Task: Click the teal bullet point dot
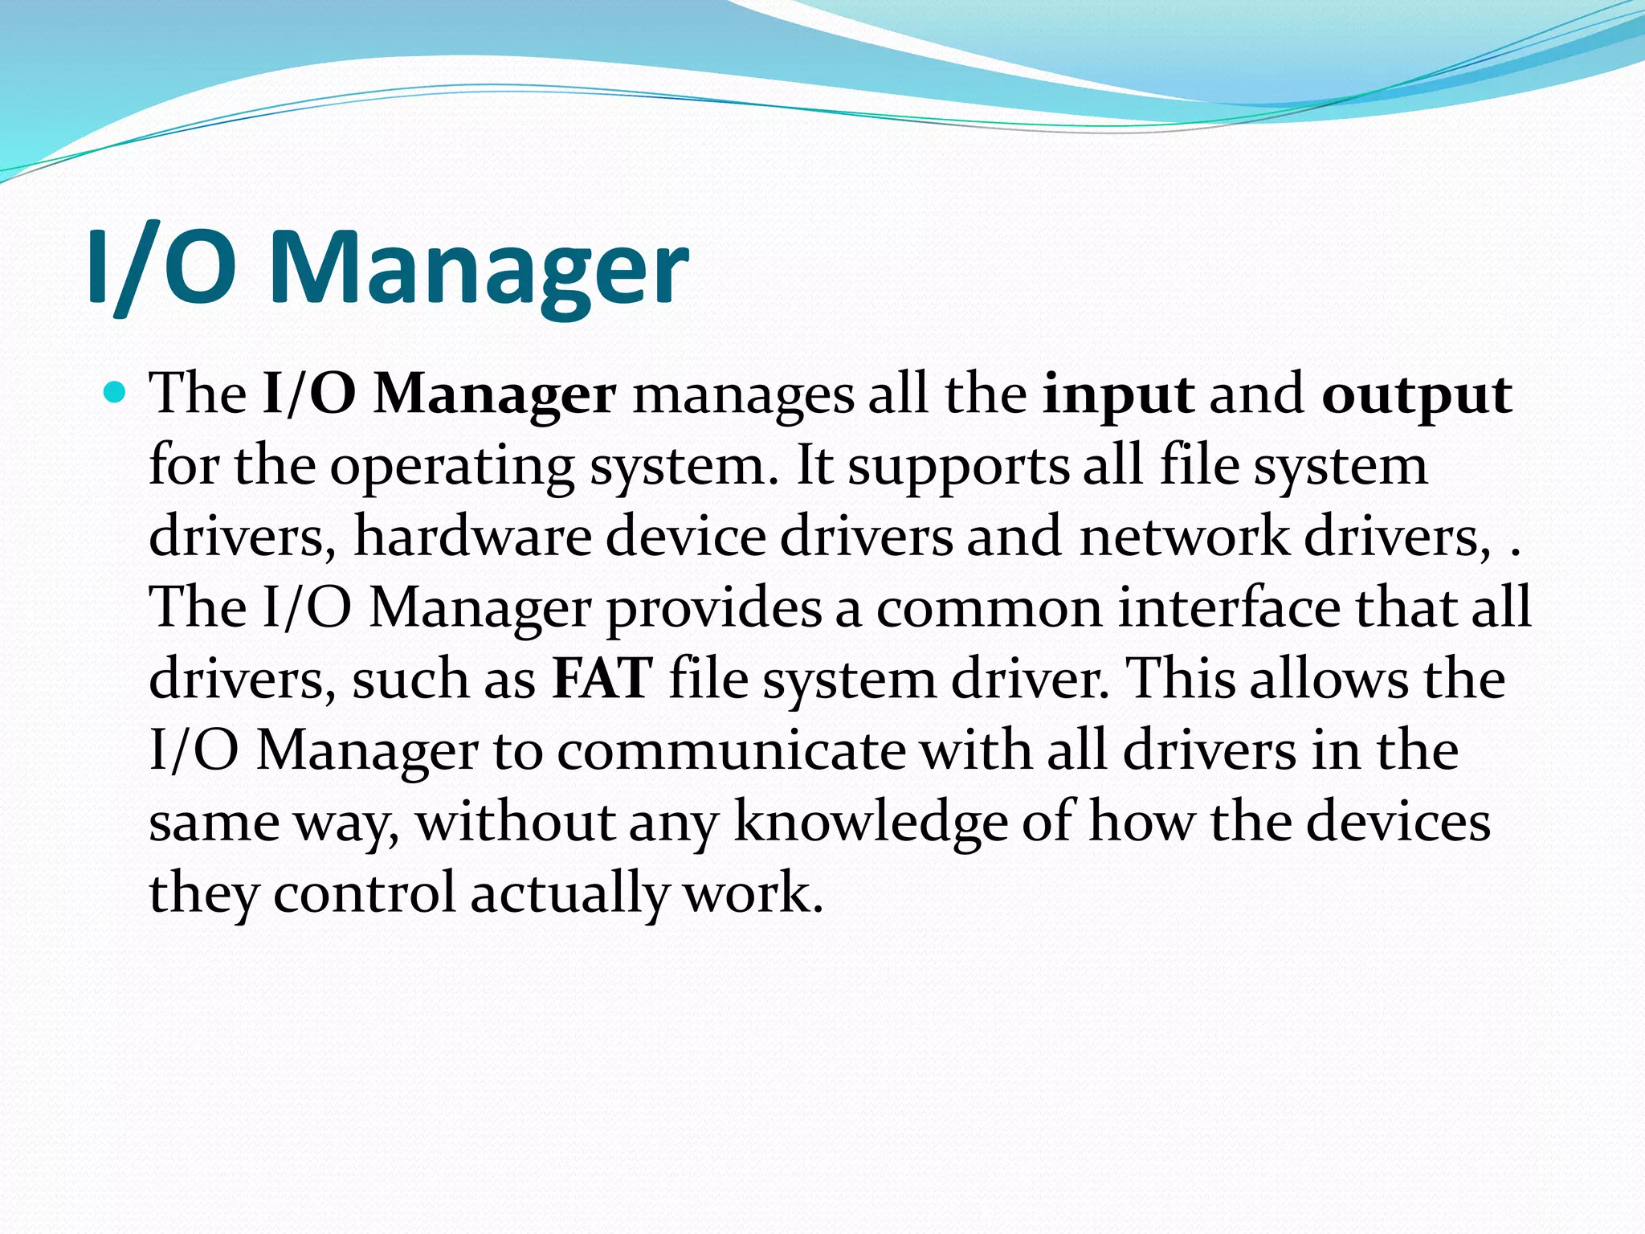coord(116,393)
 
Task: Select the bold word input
coord(1117,395)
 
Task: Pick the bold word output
coord(1417,395)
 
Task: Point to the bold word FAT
coord(602,679)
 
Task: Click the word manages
coord(743,395)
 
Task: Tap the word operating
coord(452,467)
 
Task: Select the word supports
coord(959,467)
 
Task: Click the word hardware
coord(472,537)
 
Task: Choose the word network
coord(1184,537)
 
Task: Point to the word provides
coord(713,608)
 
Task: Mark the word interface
coord(1229,608)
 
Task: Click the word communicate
coord(731,750)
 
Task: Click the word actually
coord(569,893)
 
